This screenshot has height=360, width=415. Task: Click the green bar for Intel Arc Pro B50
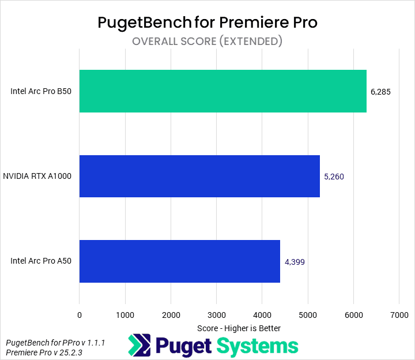pyautogui.click(x=222, y=91)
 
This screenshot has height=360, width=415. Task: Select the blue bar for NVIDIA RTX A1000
pyautogui.click(x=199, y=177)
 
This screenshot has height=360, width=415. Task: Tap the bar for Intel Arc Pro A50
pyautogui.click(x=179, y=261)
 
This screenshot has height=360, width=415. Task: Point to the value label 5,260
pyautogui.click(x=334, y=177)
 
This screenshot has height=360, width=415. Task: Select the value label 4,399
pyautogui.click(x=295, y=262)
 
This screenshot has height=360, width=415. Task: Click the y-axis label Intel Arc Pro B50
pyautogui.click(x=41, y=91)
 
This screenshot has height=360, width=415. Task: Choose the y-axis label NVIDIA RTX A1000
pyautogui.click(x=37, y=177)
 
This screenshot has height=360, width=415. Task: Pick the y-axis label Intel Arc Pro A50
pyautogui.click(x=41, y=261)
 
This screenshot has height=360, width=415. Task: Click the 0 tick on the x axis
pyautogui.click(x=80, y=315)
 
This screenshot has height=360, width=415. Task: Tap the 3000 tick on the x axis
pyautogui.click(x=216, y=315)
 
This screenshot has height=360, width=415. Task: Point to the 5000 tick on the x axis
pyautogui.click(x=307, y=315)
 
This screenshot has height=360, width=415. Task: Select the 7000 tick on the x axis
pyautogui.click(x=399, y=315)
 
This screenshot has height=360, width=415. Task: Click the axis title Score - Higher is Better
pyautogui.click(x=239, y=328)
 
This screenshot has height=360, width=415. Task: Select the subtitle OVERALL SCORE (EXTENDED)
pyautogui.click(x=207, y=42)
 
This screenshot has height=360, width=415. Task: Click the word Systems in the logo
pyautogui.click(x=258, y=346)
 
